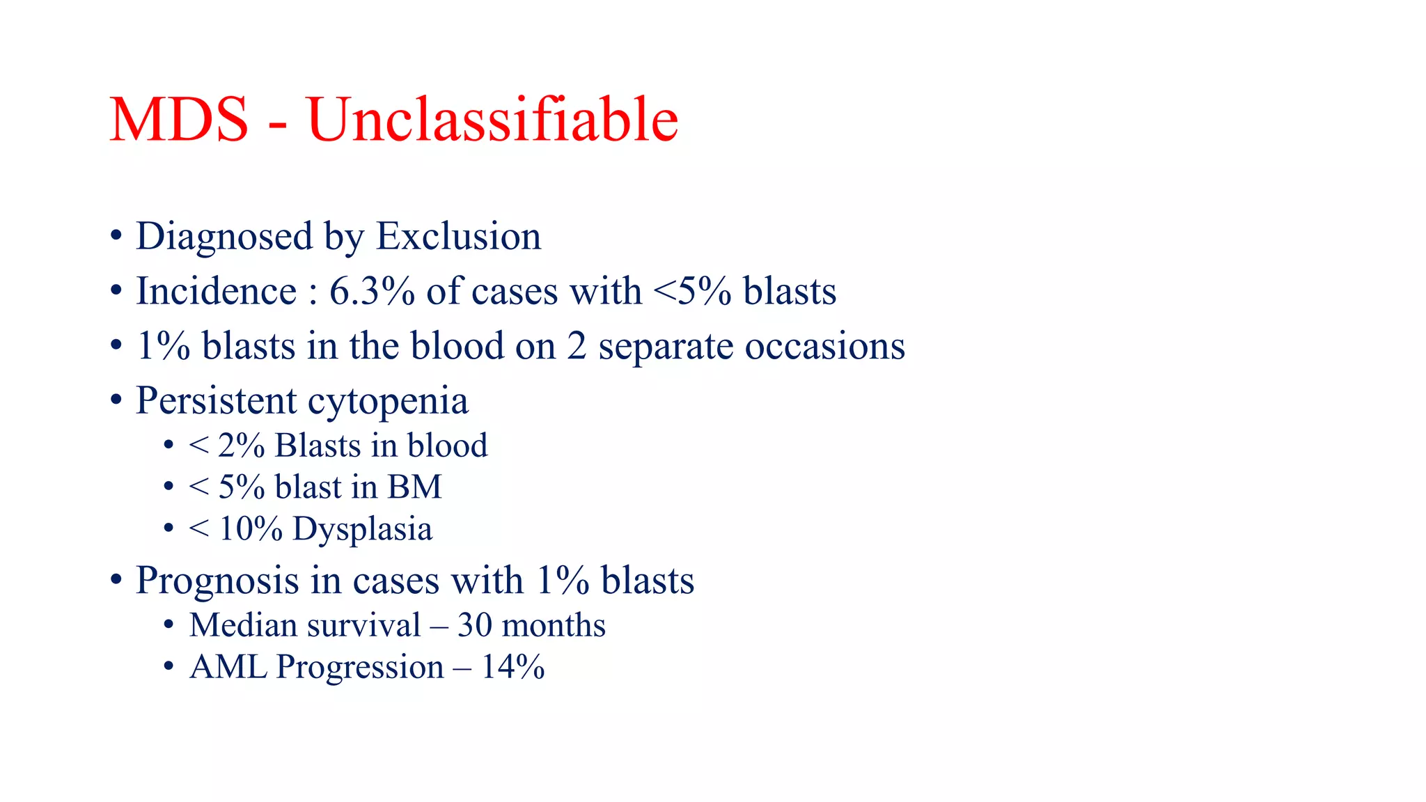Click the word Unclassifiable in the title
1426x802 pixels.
[492, 120]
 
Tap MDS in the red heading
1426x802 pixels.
[179, 120]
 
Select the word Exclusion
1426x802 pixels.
[458, 237]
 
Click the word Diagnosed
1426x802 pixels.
[224, 237]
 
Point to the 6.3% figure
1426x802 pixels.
[372, 291]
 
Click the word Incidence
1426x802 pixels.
[216, 291]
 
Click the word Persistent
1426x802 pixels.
[216, 401]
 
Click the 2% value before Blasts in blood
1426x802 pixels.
[241, 446]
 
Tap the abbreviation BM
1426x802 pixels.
[414, 487]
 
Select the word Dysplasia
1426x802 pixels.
[362, 529]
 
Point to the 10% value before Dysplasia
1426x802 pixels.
[250, 529]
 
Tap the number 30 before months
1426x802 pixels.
[474, 625]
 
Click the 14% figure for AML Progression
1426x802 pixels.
[512, 667]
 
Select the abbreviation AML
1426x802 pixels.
[228, 667]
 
